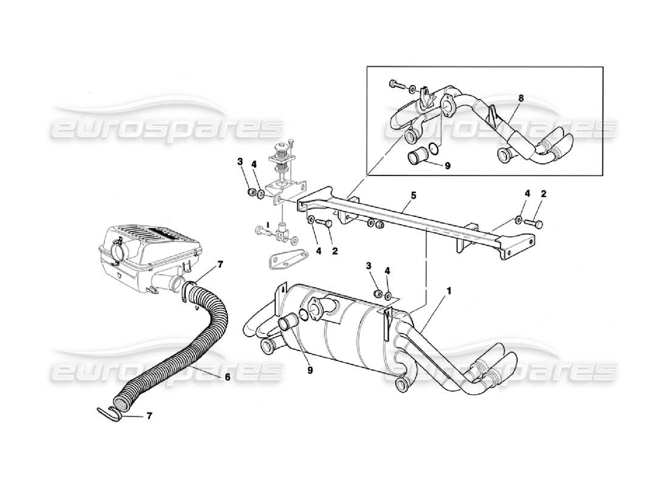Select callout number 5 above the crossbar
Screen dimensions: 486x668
tap(414, 196)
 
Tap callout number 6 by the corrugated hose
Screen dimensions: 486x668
tap(227, 377)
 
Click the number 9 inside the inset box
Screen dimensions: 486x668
tap(448, 166)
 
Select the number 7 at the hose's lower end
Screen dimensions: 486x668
tap(151, 416)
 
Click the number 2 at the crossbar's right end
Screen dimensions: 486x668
tap(544, 194)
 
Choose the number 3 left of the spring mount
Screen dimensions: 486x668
tap(240, 162)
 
